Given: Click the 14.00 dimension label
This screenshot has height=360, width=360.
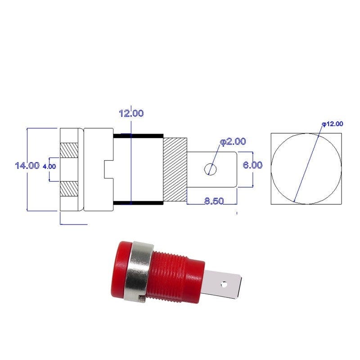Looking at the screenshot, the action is tap(27, 165).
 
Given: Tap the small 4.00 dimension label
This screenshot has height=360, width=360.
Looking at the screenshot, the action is tap(49, 166).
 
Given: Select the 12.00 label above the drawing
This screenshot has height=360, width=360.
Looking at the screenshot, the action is tap(131, 113).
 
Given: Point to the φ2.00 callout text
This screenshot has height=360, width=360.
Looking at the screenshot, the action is tap(233, 142).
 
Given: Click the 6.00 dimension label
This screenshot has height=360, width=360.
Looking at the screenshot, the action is tap(252, 165).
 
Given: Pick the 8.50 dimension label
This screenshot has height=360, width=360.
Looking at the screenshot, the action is tap(214, 201).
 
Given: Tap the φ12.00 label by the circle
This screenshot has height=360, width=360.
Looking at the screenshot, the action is tap(333, 124).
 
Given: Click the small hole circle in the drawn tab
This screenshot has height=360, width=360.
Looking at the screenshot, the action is tap(210, 169).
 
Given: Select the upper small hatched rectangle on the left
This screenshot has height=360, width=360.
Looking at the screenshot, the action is tap(69, 150).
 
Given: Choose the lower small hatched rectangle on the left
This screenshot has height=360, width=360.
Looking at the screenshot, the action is tap(69, 189).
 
